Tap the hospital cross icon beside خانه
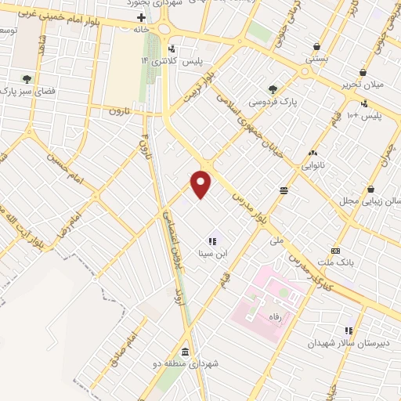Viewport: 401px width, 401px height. (x=141, y=16)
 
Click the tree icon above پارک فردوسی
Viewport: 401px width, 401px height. (x=272, y=89)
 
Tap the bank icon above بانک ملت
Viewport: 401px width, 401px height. (x=336, y=251)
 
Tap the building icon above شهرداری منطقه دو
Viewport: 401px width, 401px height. (x=184, y=352)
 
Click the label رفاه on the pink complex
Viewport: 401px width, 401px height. (x=275, y=319)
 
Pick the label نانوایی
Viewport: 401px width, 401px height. (x=312, y=165)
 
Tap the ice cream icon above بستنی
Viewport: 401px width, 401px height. (x=316, y=45)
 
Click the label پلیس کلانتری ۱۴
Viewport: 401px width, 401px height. (x=161, y=61)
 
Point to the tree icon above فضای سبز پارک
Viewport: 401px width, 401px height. (x=27, y=79)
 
